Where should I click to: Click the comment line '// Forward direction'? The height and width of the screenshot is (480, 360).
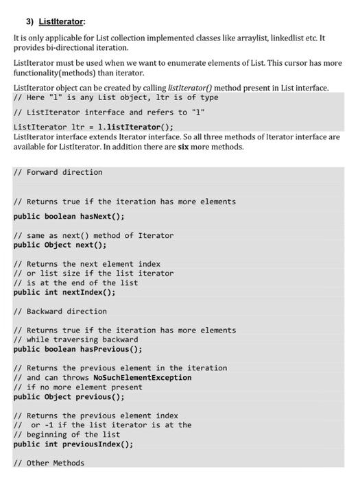[x=58, y=172]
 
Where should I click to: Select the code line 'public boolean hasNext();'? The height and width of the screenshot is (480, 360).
[x=69, y=216]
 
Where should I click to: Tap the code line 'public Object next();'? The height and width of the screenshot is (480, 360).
[x=60, y=245]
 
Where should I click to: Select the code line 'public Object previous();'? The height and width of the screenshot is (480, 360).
[x=69, y=396]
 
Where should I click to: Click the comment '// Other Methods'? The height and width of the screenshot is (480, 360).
[x=49, y=463]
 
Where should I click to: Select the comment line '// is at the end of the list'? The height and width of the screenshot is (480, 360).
[x=75, y=283]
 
